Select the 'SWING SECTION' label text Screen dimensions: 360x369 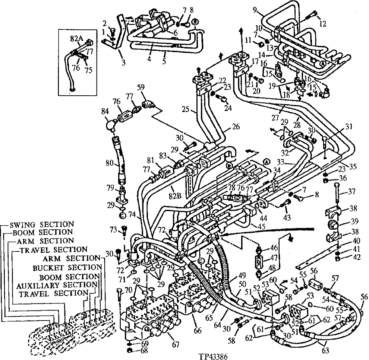tap(41, 224)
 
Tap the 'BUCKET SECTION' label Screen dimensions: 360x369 tap(67, 268)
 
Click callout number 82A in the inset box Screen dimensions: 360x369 tap(76, 38)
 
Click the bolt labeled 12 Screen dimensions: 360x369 tap(312, 16)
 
